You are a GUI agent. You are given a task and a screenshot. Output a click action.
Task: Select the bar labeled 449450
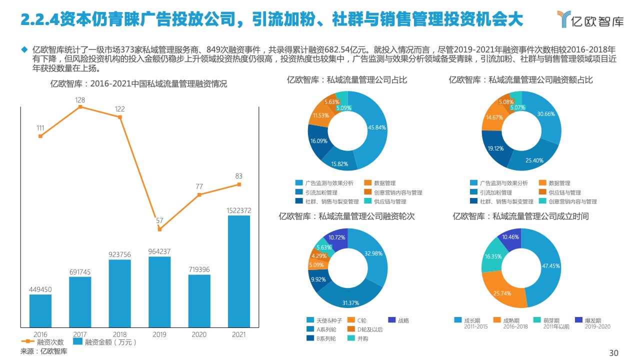(40, 310)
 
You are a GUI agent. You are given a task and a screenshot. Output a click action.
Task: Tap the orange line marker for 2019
(159, 229)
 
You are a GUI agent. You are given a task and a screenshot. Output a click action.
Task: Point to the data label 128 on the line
(80, 100)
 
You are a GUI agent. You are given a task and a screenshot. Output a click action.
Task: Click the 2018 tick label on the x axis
(120, 334)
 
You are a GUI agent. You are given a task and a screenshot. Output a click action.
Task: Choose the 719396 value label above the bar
(199, 269)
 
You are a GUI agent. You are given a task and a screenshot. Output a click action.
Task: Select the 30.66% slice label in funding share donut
(546, 114)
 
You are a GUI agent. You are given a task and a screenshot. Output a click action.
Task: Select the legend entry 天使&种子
(325, 320)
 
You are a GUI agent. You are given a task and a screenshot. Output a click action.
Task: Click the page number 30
(613, 353)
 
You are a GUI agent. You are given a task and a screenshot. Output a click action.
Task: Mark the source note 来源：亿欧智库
(43, 351)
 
